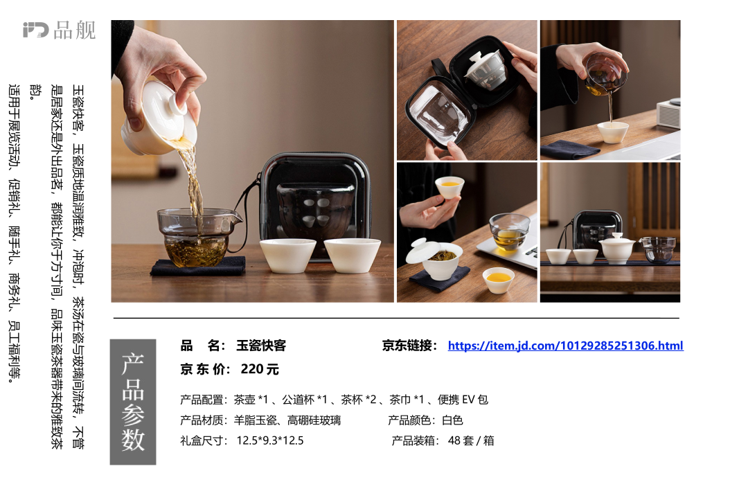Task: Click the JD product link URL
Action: pyautogui.click(x=565, y=346)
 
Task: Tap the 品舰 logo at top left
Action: pyautogui.click(x=59, y=30)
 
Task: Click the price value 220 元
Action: pyautogui.click(x=260, y=369)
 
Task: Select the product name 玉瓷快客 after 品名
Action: pyautogui.click(x=261, y=346)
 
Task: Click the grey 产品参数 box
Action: pyautogui.click(x=132, y=402)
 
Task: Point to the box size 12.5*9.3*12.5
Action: pyautogui.click(x=270, y=440)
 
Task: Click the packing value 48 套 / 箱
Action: pyautogui.click(x=471, y=440)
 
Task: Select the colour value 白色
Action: pyautogui.click(x=452, y=420)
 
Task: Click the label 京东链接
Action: pyautogui.click(x=409, y=346)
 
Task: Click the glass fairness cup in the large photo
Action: pyautogui.click(x=198, y=237)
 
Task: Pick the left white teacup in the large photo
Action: pyautogui.click(x=287, y=256)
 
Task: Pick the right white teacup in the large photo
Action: pyautogui.click(x=352, y=256)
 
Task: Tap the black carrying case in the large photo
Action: pyautogui.click(x=315, y=205)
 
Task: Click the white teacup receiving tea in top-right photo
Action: pyautogui.click(x=613, y=132)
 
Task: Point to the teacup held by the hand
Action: pyautogui.click(x=449, y=187)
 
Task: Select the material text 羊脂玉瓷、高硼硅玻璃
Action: pyautogui.click(x=287, y=420)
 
